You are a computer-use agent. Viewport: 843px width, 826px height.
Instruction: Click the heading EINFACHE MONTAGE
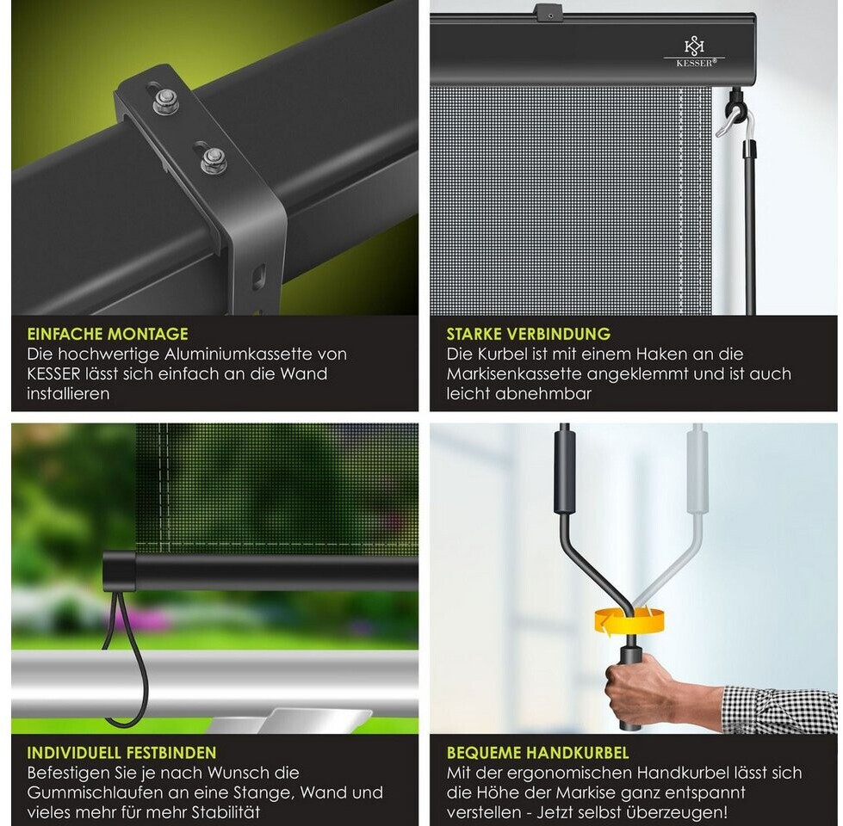point(108,334)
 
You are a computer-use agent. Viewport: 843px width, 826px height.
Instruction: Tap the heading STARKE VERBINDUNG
point(529,334)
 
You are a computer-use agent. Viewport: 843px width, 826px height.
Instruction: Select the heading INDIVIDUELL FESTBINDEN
point(122,752)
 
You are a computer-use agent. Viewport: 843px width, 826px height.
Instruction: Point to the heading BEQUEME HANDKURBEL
point(537,752)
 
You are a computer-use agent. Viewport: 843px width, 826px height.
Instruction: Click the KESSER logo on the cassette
point(694,52)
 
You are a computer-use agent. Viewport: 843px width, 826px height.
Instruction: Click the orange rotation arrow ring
point(629,621)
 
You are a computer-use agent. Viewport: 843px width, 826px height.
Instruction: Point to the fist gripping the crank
point(640,688)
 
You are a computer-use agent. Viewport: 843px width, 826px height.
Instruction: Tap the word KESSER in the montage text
point(53,373)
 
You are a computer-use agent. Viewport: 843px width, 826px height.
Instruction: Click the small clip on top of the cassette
point(549,10)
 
